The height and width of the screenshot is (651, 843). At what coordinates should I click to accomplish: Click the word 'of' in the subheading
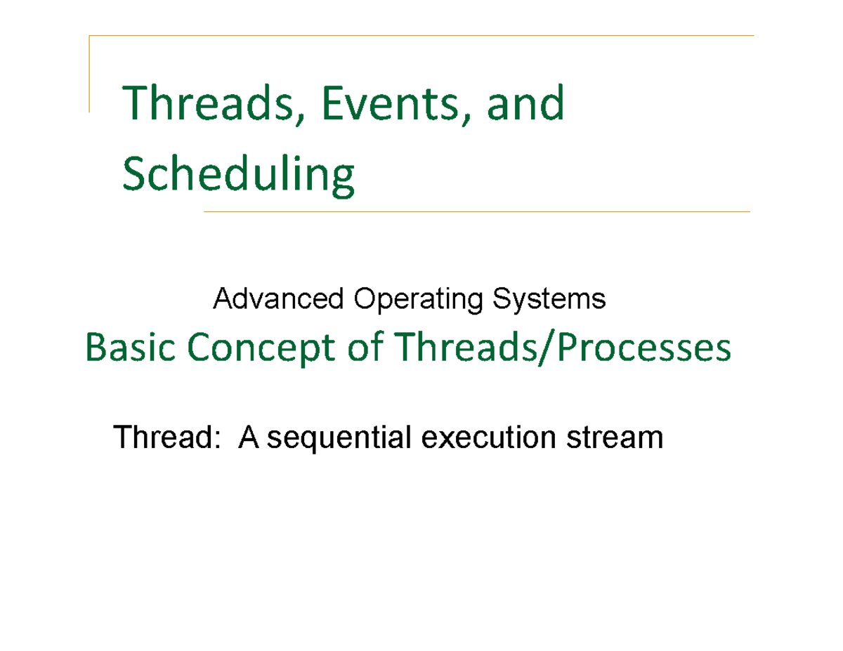(x=364, y=348)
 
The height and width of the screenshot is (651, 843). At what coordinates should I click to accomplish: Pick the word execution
(x=481, y=438)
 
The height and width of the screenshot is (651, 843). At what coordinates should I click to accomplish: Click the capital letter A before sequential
(x=248, y=438)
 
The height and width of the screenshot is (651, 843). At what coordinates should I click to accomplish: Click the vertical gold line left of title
(x=89, y=74)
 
